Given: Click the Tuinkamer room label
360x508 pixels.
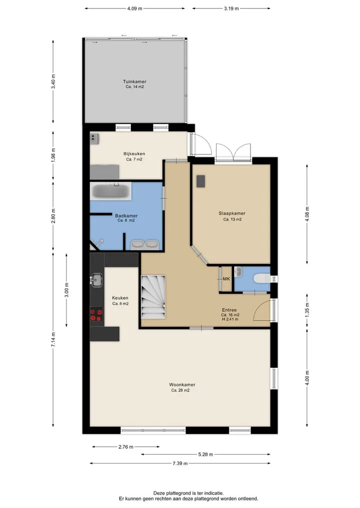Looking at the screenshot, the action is pyautogui.click(x=134, y=81).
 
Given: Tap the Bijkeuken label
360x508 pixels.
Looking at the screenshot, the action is pyautogui.click(x=134, y=154).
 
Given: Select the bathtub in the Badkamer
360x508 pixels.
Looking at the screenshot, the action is pyautogui.click(x=110, y=191).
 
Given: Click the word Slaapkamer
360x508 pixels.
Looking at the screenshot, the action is pyautogui.click(x=232, y=213).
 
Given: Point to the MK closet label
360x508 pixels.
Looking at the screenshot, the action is pyautogui.click(x=226, y=279).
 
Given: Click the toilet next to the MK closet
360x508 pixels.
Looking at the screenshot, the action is pyautogui.click(x=261, y=278).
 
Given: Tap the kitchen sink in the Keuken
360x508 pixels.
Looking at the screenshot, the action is pyautogui.click(x=96, y=280).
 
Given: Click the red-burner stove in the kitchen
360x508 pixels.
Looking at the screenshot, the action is pyautogui.click(x=96, y=315).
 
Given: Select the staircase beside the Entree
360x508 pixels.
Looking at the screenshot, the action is pyautogui.click(x=153, y=297).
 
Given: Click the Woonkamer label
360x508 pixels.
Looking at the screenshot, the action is pyautogui.click(x=182, y=385).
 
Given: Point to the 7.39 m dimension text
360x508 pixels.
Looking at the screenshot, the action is pyautogui.click(x=180, y=463).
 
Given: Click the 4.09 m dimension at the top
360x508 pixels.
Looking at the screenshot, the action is pyautogui.click(x=134, y=8).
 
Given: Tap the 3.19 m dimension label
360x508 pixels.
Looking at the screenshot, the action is pyautogui.click(x=231, y=8).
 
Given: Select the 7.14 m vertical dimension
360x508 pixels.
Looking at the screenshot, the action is pyautogui.click(x=53, y=340).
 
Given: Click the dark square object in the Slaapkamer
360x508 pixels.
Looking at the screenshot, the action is pyautogui.click(x=200, y=181).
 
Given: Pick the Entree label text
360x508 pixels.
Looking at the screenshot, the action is pyautogui.click(x=229, y=310).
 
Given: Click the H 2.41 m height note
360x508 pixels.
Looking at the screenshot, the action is pyautogui.click(x=230, y=319).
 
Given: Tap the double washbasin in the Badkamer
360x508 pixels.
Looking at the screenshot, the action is pyautogui.click(x=144, y=245).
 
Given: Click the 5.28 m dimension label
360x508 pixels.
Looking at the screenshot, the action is pyautogui.click(x=205, y=455).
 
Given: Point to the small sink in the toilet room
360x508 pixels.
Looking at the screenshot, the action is pyautogui.click(x=238, y=272).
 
